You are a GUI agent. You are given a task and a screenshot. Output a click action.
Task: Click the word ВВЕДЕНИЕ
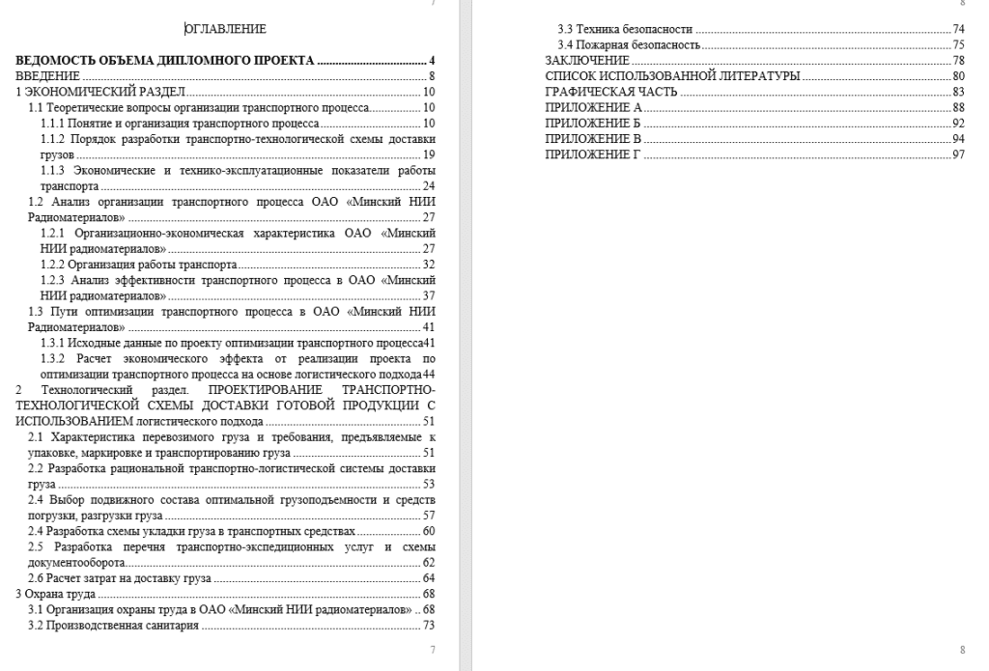[47, 75]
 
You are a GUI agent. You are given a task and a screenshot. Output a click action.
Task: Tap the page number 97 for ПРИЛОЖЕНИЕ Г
[958, 154]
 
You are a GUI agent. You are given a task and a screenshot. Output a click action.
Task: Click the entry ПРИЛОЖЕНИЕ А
[593, 107]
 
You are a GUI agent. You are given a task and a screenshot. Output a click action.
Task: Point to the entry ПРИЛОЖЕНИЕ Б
[593, 124]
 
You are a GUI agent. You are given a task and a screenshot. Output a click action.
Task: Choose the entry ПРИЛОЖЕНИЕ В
[593, 139]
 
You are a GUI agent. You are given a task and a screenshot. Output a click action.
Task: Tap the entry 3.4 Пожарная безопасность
[629, 44]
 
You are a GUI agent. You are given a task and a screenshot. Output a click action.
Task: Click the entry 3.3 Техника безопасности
[626, 29]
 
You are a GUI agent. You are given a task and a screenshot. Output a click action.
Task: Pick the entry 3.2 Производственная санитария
[113, 626]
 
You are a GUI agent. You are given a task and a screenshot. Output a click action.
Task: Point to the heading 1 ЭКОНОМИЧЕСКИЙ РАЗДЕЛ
[99, 91]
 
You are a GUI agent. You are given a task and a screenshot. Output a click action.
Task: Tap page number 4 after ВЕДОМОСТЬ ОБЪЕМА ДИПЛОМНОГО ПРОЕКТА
[434, 60]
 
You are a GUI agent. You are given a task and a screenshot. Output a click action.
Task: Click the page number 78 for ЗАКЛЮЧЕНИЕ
[958, 60]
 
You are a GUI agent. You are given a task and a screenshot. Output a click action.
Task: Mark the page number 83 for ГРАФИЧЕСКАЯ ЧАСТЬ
[958, 92]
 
